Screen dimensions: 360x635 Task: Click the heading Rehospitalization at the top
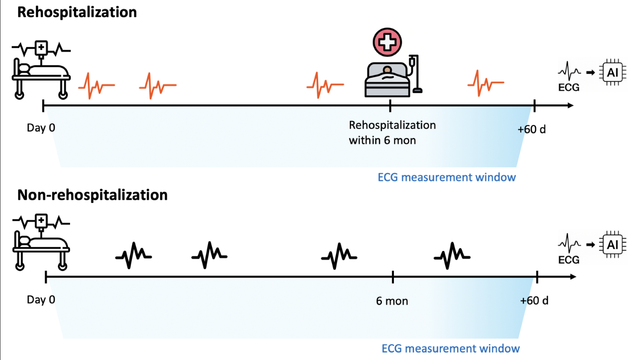click(77, 12)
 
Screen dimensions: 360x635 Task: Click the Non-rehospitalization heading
click(92, 195)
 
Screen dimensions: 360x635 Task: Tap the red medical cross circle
click(387, 42)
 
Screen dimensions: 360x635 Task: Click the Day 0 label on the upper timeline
click(41, 128)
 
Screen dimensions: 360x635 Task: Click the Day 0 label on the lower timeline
click(41, 300)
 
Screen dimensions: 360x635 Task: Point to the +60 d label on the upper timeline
click(532, 129)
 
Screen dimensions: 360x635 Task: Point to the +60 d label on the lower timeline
click(534, 300)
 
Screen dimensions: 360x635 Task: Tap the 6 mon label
click(392, 301)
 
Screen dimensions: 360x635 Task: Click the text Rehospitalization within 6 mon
click(392, 132)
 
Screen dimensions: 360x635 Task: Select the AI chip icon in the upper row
click(612, 72)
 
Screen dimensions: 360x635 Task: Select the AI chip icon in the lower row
click(612, 244)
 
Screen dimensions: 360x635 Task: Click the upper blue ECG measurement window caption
click(447, 177)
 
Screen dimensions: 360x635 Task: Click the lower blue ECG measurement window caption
click(450, 348)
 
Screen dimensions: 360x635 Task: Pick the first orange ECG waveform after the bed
click(96, 85)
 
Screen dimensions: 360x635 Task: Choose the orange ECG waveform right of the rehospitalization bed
click(486, 83)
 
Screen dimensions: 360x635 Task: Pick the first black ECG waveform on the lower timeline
click(134, 255)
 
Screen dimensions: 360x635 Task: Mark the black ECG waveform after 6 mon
click(452, 255)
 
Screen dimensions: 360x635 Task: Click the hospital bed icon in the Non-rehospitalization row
click(41, 242)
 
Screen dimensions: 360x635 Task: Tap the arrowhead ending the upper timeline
click(570, 105)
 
